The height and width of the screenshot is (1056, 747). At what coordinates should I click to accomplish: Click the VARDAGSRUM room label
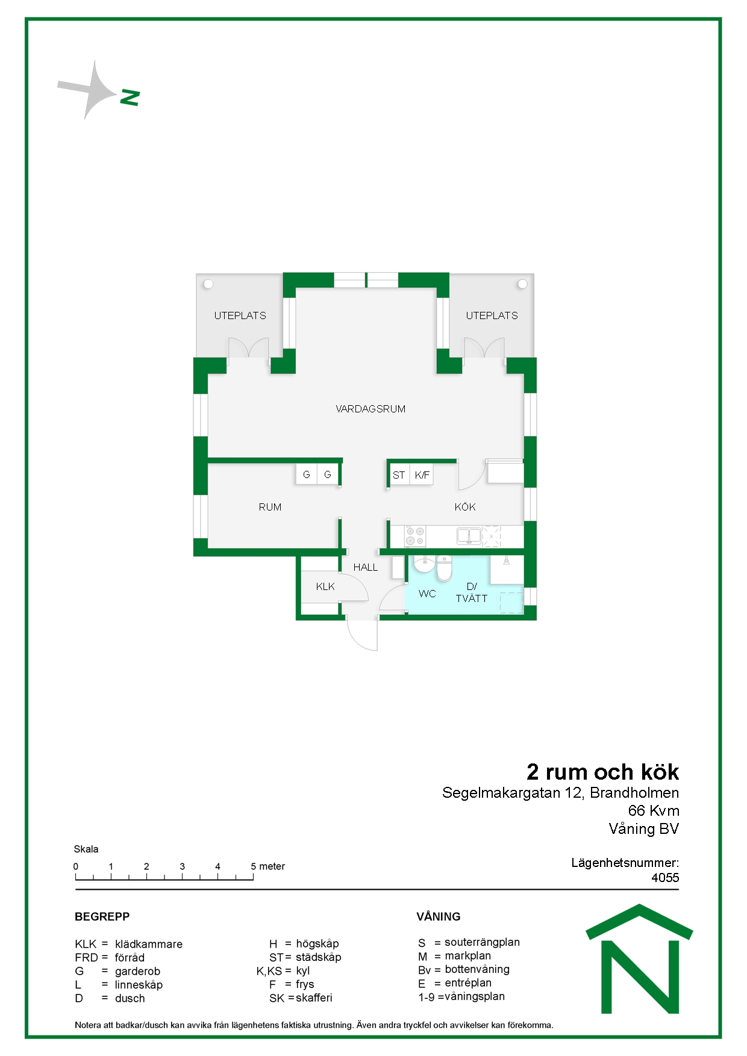(370, 409)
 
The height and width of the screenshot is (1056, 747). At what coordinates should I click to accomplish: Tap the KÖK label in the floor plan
(465, 507)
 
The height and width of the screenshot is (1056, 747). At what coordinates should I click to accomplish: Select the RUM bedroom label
(270, 507)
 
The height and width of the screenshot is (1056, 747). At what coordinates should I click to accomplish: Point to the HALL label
(366, 567)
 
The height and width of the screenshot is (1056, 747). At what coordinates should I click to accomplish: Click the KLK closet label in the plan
(325, 586)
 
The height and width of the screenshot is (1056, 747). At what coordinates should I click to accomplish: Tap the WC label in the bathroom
(427, 594)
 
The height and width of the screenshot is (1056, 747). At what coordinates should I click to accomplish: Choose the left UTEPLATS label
(240, 315)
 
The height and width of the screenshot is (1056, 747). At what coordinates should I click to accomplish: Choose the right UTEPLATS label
(492, 315)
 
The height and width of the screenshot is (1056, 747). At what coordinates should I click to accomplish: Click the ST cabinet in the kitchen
(399, 474)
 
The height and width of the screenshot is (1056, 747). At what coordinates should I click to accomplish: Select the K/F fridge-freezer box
(422, 474)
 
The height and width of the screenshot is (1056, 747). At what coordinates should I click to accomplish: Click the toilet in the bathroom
(444, 568)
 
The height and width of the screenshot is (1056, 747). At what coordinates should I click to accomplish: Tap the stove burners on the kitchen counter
(415, 536)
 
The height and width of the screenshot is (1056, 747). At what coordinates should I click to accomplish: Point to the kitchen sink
(469, 535)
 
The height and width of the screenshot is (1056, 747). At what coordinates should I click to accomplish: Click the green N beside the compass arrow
(130, 98)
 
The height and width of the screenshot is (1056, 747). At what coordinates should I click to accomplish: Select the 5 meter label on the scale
(267, 866)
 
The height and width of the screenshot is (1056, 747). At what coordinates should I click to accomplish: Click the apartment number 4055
(665, 878)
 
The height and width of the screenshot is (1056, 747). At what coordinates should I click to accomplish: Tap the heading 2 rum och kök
(603, 772)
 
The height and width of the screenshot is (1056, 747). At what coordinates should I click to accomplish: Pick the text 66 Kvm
(654, 811)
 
